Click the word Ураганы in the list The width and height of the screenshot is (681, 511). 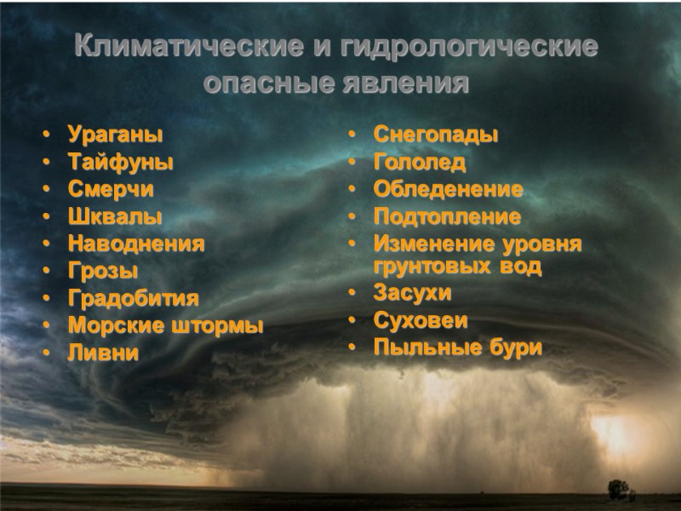(x=114, y=135)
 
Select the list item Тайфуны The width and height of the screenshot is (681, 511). (x=120, y=162)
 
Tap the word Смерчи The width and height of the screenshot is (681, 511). (x=111, y=189)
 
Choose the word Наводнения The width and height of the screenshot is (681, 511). (x=136, y=244)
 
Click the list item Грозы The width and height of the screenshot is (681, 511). (x=102, y=271)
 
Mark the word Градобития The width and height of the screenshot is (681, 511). (x=133, y=298)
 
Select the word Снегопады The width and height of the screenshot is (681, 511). (x=435, y=135)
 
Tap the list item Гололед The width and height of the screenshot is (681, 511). (x=420, y=162)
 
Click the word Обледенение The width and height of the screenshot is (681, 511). (x=448, y=189)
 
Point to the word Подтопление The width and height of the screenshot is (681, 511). (x=447, y=216)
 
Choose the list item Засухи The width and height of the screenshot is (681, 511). (x=412, y=293)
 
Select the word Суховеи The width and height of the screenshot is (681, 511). (x=421, y=320)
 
